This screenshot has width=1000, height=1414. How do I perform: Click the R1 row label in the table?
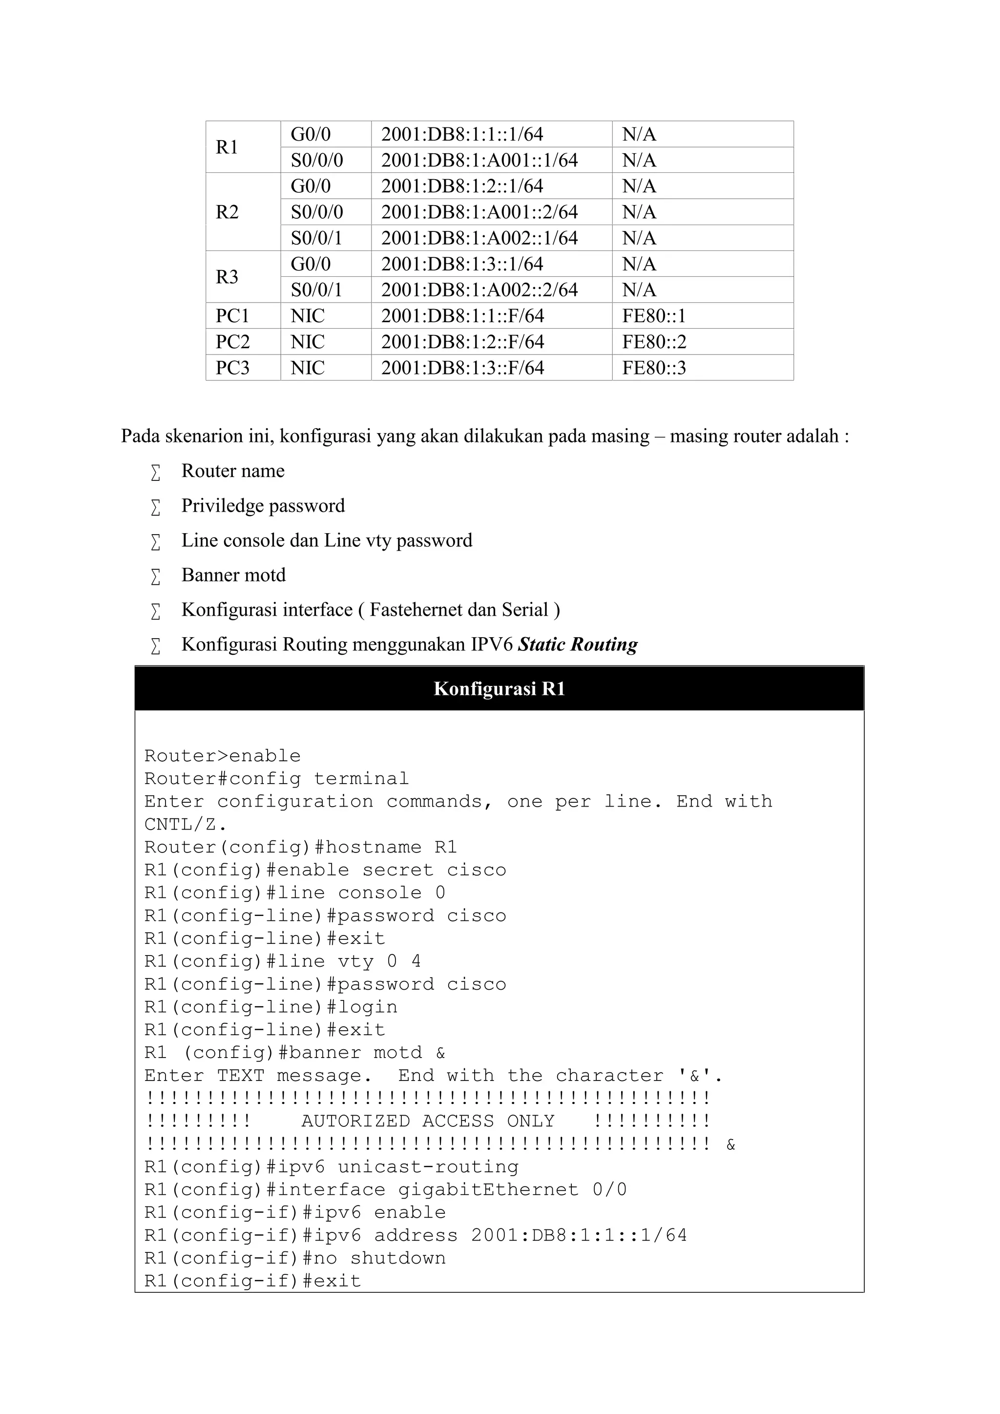[x=227, y=147]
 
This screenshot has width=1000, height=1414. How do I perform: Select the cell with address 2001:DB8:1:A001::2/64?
[x=479, y=212]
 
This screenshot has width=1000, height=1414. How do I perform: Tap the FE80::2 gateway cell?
[x=653, y=342]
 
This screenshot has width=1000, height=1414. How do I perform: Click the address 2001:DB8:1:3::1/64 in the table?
[x=462, y=264]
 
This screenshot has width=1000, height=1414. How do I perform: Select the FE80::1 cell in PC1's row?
[x=653, y=316]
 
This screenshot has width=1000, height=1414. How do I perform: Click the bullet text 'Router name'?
[x=233, y=471]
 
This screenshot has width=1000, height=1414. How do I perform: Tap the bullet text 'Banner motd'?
[x=233, y=575]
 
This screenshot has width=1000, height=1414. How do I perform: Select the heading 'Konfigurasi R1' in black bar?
[x=499, y=688]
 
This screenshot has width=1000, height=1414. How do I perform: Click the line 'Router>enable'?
[x=222, y=756]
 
